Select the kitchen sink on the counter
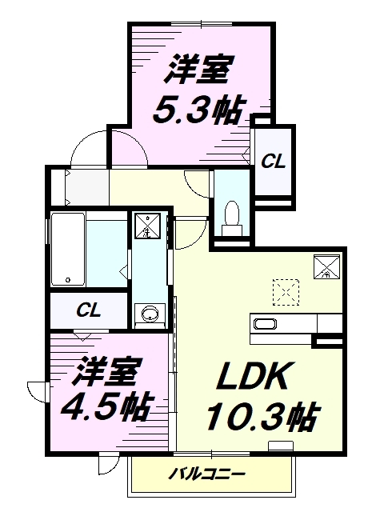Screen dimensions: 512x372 pyautogui.click(x=265, y=324)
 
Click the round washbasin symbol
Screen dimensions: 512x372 pyautogui.click(x=148, y=314)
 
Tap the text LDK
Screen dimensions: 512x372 pyautogui.click(x=247, y=378)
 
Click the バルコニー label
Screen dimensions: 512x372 pyautogui.click(x=206, y=474)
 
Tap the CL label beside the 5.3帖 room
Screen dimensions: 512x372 pyautogui.click(x=273, y=161)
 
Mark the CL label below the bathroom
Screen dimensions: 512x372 pyautogui.click(x=89, y=310)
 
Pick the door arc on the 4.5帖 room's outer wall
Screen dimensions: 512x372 pyautogui.click(x=36, y=392)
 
